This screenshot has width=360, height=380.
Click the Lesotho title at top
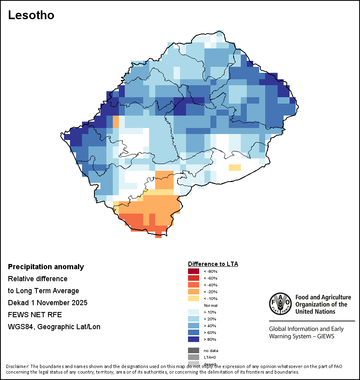pos(31,16)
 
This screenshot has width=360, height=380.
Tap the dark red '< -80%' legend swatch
pos(194,271)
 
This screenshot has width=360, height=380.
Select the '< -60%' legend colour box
pos(194,278)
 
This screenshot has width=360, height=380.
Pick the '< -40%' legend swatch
pos(194,285)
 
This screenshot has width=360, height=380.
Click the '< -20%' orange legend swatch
pos(194,292)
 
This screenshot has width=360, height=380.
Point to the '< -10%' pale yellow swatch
pos(194,298)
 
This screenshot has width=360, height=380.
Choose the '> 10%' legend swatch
pos(194,312)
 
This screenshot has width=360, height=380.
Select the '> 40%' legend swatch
pos(194,326)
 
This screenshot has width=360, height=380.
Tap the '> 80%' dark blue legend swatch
pos(194,339)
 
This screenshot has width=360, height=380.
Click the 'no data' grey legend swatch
pos(194,350)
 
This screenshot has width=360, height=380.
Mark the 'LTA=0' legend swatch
pos(194,357)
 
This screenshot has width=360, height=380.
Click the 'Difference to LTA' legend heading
pos(213,264)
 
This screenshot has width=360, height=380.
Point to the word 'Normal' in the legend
pos(210,305)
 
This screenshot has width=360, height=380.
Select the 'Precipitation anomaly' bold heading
pos(46,267)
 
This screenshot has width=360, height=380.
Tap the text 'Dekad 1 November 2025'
pos(48,303)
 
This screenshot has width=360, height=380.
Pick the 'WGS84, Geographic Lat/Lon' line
pos(54,327)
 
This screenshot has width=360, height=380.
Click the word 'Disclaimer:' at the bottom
pos(17,366)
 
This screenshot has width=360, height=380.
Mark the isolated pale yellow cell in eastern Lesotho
pos(234,168)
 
